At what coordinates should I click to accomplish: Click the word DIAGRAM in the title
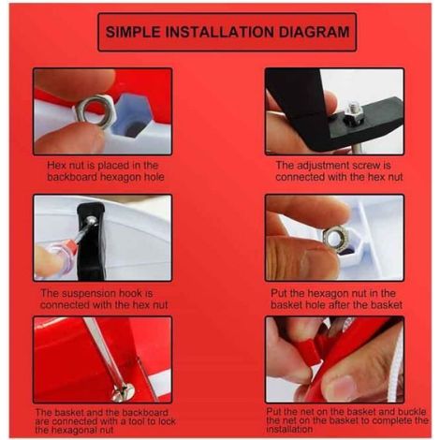[x=314, y=32]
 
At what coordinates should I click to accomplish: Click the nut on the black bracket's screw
[x=353, y=116]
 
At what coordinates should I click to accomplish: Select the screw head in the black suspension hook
[x=92, y=220]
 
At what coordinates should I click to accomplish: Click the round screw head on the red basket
[x=123, y=391]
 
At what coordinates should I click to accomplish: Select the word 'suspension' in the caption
[x=89, y=293]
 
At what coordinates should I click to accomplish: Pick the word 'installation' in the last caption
[x=289, y=429]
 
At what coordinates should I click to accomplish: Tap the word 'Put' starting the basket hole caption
[x=278, y=293]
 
